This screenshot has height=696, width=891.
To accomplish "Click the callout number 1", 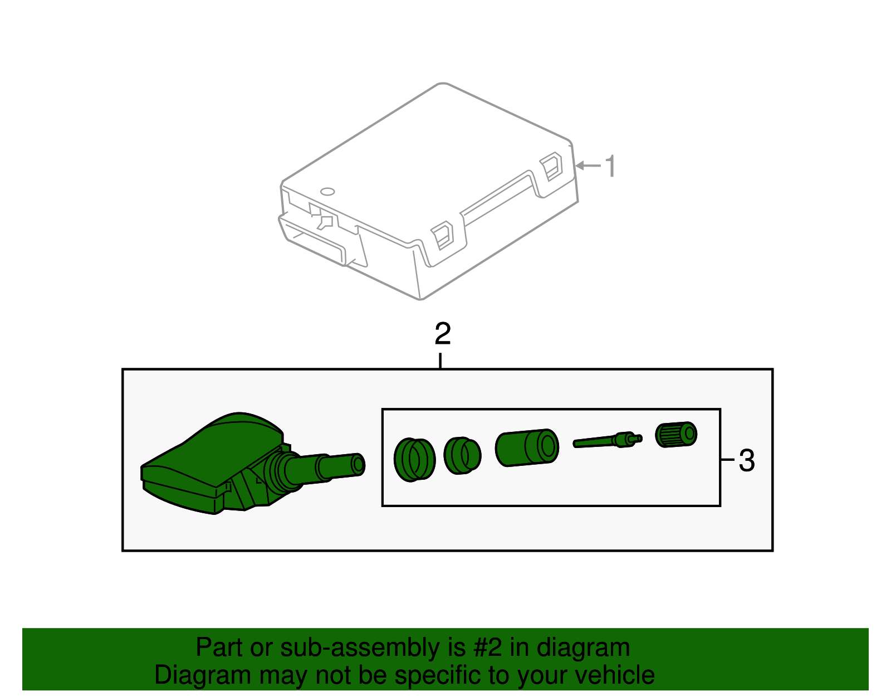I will click(x=611, y=166).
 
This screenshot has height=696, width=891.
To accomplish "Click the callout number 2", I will click(x=443, y=334).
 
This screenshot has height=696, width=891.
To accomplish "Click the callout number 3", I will click(x=747, y=461).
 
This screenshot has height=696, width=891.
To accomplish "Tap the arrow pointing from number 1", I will click(x=588, y=166).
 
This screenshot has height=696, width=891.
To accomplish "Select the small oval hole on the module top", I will click(x=327, y=192).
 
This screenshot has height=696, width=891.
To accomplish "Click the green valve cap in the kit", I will click(x=676, y=434).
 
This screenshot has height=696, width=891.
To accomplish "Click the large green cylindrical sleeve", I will click(x=526, y=447).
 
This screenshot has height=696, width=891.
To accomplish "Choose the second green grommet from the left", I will click(x=462, y=455).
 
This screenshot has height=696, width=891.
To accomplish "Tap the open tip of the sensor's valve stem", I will click(x=359, y=464).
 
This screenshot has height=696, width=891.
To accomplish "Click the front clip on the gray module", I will click(x=443, y=235).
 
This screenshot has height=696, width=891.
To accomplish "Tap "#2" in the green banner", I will click(x=488, y=648).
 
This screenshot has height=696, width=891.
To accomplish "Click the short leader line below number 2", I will click(x=440, y=360).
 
